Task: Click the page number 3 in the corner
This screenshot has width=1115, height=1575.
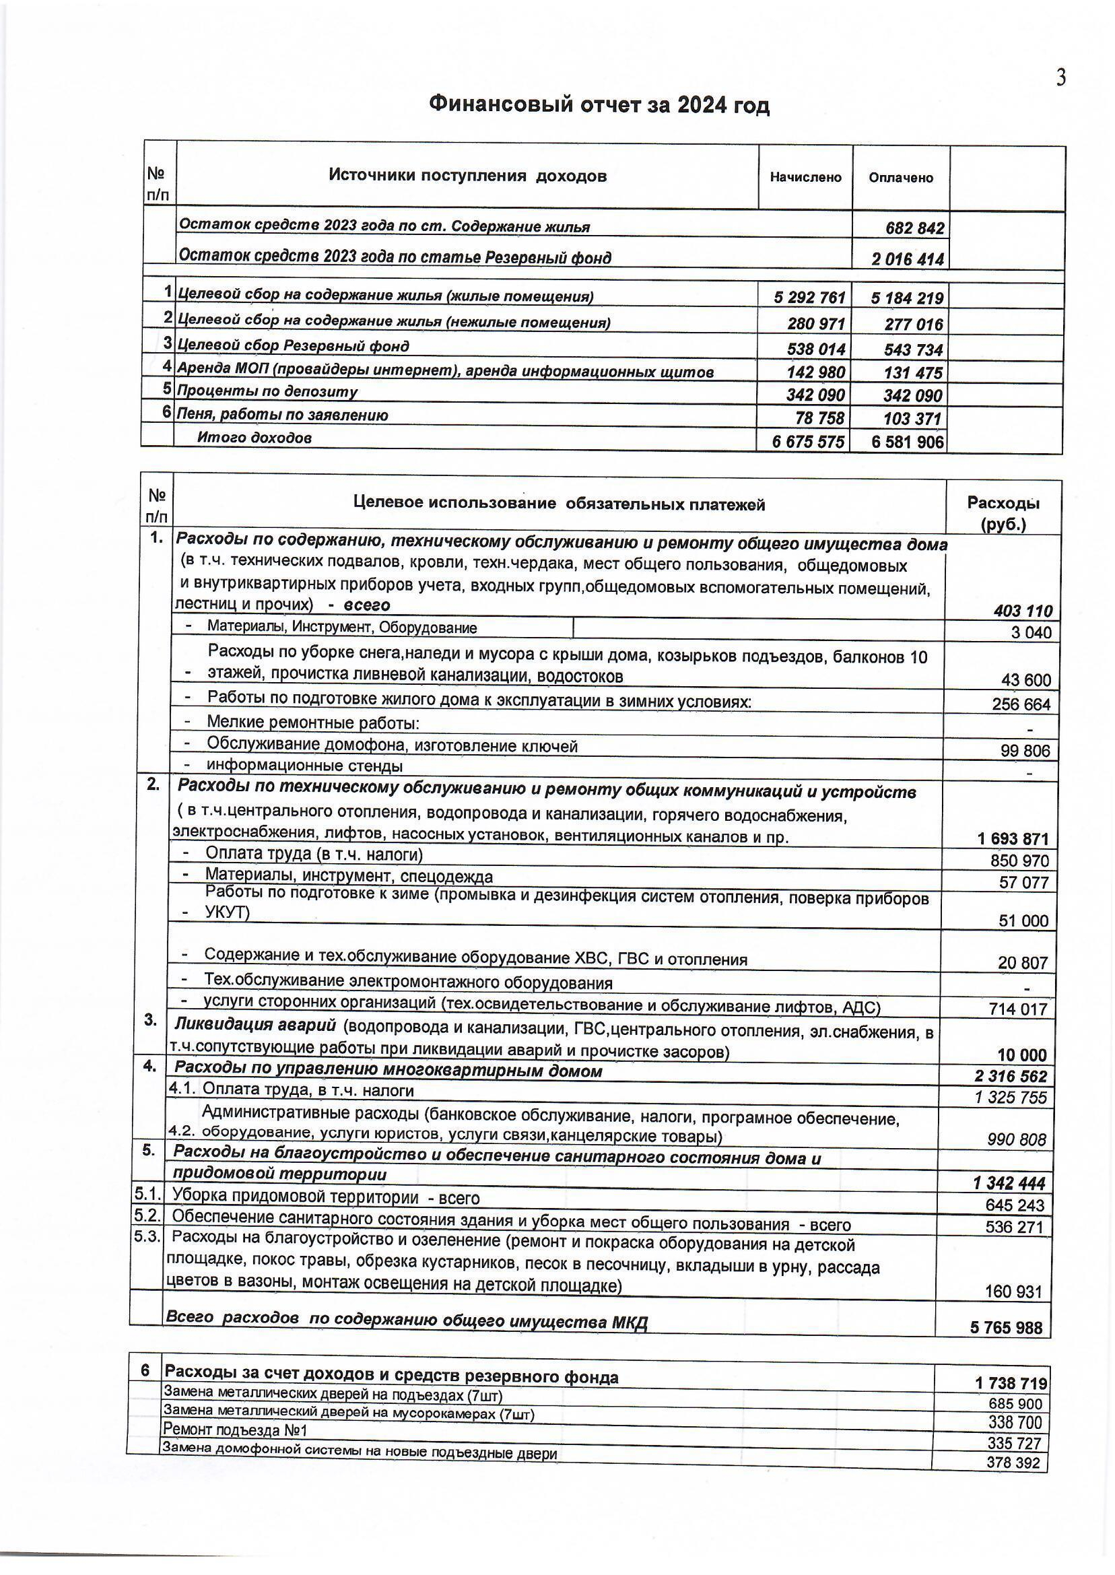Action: (1060, 79)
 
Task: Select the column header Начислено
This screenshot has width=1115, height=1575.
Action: (805, 177)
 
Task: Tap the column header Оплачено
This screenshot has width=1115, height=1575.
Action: (901, 178)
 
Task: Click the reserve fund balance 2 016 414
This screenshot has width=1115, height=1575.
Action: (908, 259)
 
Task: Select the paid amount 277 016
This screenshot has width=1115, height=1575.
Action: (914, 324)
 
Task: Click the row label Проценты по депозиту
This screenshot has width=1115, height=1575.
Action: (268, 392)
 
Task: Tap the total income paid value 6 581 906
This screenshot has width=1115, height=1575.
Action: (908, 442)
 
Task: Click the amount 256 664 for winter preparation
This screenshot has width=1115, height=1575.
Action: (1021, 704)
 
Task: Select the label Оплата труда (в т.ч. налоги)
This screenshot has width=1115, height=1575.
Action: (314, 854)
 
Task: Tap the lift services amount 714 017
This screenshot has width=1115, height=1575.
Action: (1018, 1009)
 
